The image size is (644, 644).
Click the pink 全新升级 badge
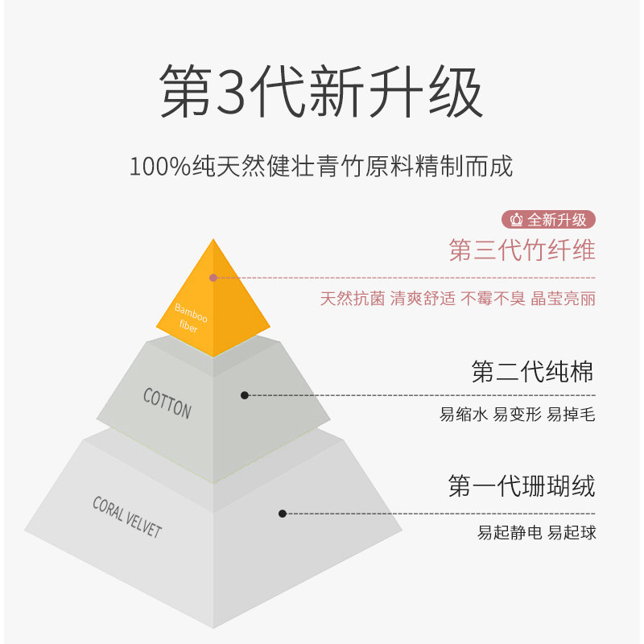(549, 219)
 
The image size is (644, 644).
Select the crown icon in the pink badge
(517, 219)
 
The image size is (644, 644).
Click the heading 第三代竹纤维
(522, 250)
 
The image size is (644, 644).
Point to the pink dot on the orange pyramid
(213, 278)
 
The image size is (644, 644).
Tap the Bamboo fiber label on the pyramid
(191, 318)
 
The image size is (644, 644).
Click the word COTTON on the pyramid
(167, 403)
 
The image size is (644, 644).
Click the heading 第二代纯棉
(533, 372)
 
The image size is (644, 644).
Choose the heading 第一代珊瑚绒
(522, 487)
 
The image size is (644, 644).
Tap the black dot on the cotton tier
(245, 395)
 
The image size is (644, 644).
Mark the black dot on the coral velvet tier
(283, 513)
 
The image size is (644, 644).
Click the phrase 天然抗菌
(353, 299)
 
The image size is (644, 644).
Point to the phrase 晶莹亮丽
(563, 299)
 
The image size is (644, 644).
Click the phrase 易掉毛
(571, 415)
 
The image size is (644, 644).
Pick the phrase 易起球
(572, 533)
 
